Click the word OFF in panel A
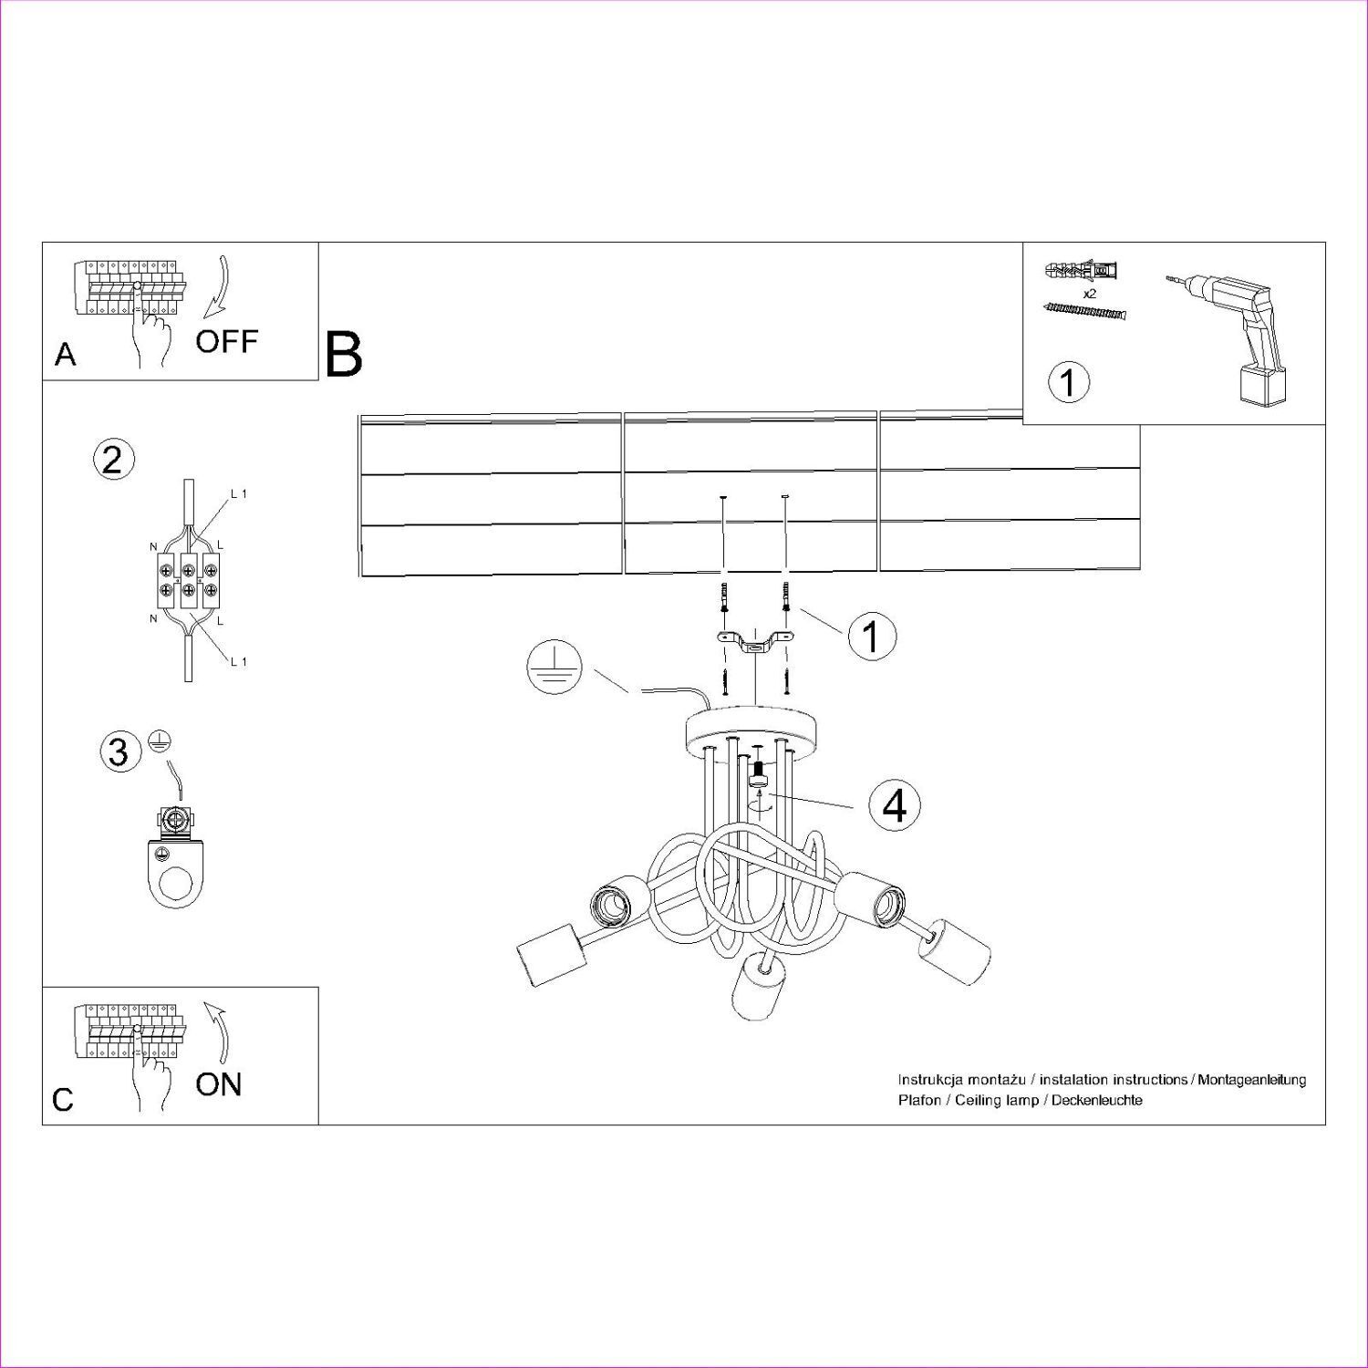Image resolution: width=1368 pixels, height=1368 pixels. [226, 342]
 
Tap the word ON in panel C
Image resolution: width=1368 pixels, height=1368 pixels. [219, 1084]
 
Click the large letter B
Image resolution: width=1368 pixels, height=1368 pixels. [344, 355]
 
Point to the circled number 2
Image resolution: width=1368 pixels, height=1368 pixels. [113, 459]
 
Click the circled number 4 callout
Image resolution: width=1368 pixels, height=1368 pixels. [895, 805]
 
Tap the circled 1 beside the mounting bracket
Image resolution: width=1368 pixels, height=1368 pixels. [871, 636]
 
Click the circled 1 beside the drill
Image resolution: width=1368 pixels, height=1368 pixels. [1069, 381]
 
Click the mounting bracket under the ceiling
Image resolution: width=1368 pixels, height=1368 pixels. [753, 643]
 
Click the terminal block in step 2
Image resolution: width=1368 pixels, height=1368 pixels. [188, 581]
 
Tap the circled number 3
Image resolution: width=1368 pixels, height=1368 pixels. [119, 751]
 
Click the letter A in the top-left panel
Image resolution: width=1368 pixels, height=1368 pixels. [65, 355]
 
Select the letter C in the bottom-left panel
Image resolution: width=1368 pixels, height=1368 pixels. [63, 1100]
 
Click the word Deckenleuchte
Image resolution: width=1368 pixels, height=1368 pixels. [1096, 1101]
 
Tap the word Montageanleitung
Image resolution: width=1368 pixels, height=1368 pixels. [1252, 1080]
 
